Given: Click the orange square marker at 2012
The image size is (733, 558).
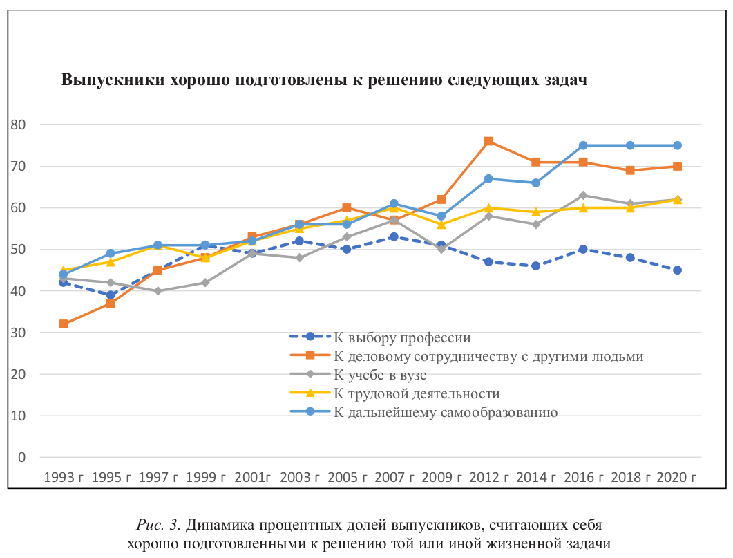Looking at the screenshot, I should [488, 141].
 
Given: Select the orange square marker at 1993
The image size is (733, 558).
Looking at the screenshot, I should [64, 324].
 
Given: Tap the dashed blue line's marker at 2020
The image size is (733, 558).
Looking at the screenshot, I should [677, 270].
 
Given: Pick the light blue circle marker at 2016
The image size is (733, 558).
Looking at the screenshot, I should [583, 145].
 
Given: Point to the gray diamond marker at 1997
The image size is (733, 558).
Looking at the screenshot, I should [158, 291].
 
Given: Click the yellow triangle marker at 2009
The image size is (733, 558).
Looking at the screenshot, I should [441, 224].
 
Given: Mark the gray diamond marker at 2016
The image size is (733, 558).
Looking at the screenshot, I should [583, 196].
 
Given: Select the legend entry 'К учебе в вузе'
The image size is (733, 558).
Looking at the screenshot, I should [380, 375].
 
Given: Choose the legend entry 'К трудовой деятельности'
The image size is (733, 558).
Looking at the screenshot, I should [416, 394].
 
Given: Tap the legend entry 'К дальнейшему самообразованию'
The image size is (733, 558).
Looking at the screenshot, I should [446, 413].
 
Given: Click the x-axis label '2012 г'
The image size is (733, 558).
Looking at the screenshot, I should [488, 477].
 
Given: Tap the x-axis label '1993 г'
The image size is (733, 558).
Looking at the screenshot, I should [64, 477].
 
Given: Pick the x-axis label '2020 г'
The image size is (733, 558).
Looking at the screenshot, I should [677, 477].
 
